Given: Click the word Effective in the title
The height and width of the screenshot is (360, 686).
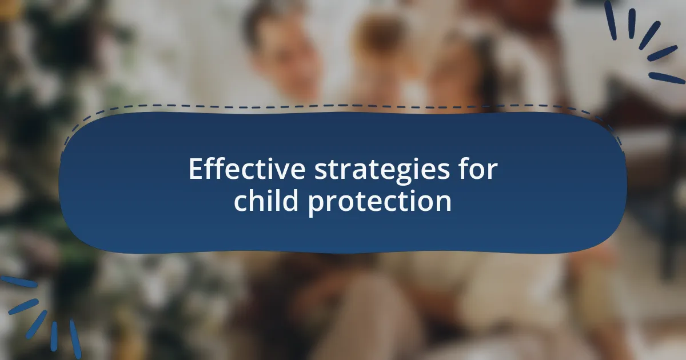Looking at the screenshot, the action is point(247,169).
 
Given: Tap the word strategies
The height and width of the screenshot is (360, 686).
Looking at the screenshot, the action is point(382,171).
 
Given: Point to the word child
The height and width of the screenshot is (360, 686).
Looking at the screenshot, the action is point(266,200).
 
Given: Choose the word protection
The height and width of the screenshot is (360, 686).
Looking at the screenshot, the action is point(380,202).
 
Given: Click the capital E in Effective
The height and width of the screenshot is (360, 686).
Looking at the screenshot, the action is point(196,169).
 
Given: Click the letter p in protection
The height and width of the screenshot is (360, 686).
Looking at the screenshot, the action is point(316,206).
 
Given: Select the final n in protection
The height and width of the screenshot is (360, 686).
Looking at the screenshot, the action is point(444,203).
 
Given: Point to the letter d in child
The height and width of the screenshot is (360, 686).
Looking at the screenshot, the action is point(290,200).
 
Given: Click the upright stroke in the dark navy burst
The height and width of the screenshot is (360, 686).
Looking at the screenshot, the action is point(632,23).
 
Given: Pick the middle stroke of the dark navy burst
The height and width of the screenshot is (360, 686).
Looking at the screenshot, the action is point(649,35).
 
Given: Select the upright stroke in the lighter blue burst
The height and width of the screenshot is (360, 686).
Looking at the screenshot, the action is point(54,336).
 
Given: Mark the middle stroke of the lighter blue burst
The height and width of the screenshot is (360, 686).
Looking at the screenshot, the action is point(36,324).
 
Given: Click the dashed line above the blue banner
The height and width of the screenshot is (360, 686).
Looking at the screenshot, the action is point(343,106).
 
